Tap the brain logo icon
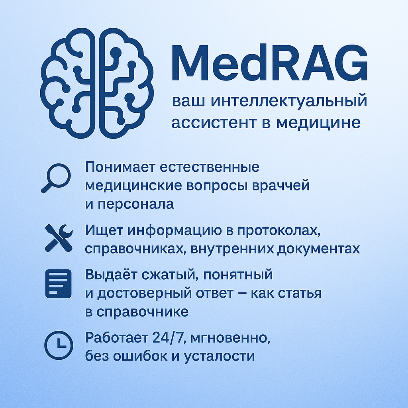(x=96, y=83)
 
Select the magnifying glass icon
(x=56, y=178)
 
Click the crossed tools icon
(x=59, y=238)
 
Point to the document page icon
(x=58, y=284)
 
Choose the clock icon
(x=59, y=345)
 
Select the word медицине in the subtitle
(x=318, y=123)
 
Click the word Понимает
(x=120, y=167)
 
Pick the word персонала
(x=136, y=204)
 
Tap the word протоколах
(x=279, y=231)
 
